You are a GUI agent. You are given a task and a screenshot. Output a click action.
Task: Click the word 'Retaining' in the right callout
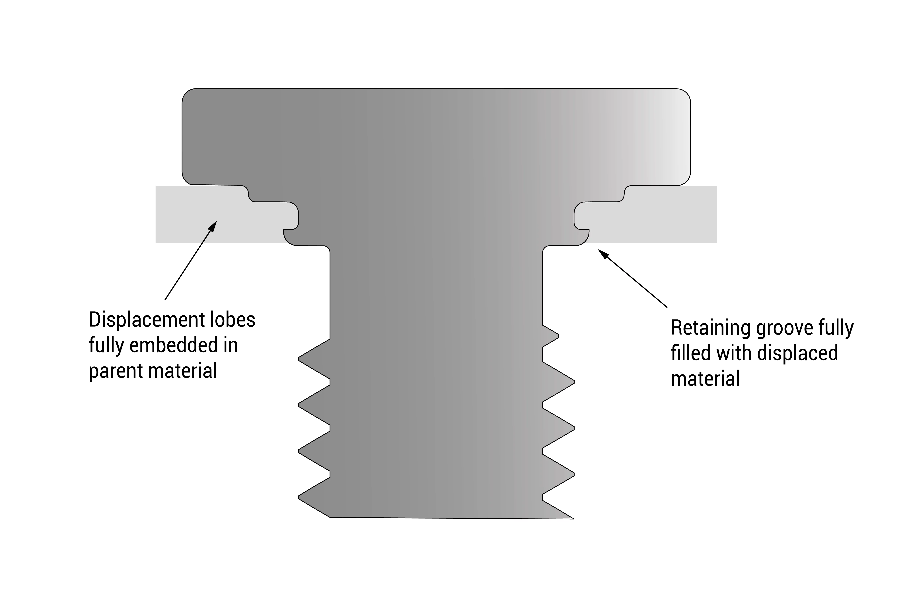[x=711, y=328]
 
